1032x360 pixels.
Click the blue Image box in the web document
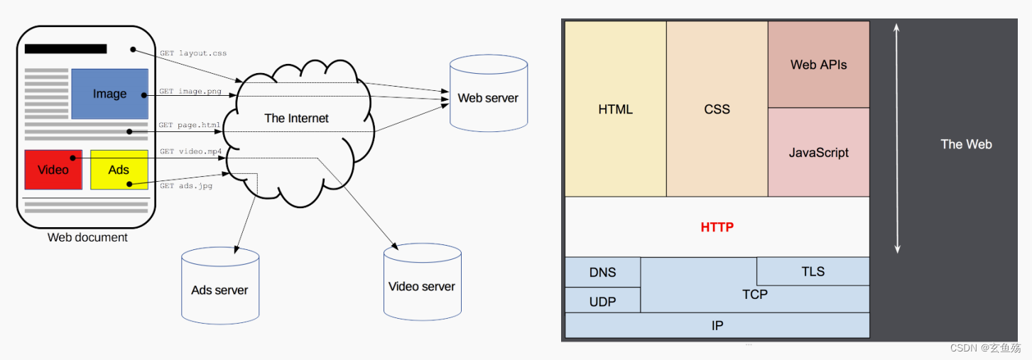(x=109, y=94)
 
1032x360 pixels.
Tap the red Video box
(x=53, y=170)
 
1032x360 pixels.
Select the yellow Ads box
(x=119, y=170)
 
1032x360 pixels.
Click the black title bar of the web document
(x=66, y=49)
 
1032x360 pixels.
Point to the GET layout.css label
(x=193, y=53)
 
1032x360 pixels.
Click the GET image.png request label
(x=190, y=91)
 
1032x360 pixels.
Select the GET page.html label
(x=190, y=125)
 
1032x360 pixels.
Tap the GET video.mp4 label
(x=191, y=151)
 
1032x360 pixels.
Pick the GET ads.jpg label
(x=186, y=185)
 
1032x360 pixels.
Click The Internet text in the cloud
(x=296, y=119)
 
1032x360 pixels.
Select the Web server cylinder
(x=489, y=94)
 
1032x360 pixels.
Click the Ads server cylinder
(x=220, y=285)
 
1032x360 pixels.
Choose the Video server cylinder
(x=423, y=282)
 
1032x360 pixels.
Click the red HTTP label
(x=717, y=227)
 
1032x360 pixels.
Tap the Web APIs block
(x=819, y=65)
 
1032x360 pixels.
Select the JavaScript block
(x=819, y=153)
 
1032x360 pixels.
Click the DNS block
(x=602, y=272)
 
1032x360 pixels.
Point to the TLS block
(x=813, y=271)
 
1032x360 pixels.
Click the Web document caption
(x=87, y=238)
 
